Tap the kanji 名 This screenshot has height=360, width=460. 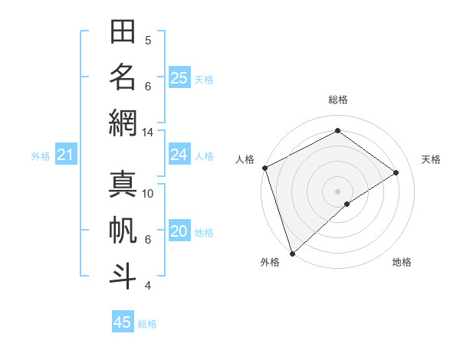[123, 77]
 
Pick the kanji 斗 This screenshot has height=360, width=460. [123, 276]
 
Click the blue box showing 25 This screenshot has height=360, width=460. [179, 77]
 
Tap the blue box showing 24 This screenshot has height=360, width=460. [179, 155]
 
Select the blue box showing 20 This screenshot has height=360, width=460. [179, 232]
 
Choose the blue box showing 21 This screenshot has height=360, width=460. [65, 155]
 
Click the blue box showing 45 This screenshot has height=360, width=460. [123, 322]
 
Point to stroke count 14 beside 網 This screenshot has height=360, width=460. [147, 133]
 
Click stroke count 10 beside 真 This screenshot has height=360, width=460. [148, 194]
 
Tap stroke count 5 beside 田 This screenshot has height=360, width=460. [148, 41]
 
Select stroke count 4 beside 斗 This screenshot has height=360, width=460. [148, 286]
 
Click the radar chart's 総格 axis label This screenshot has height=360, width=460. [338, 100]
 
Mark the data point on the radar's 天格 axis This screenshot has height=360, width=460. [396, 172]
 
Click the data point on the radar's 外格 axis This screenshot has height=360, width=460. [292, 253]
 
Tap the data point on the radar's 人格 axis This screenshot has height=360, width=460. [264, 168]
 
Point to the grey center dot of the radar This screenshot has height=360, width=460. [337, 191]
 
